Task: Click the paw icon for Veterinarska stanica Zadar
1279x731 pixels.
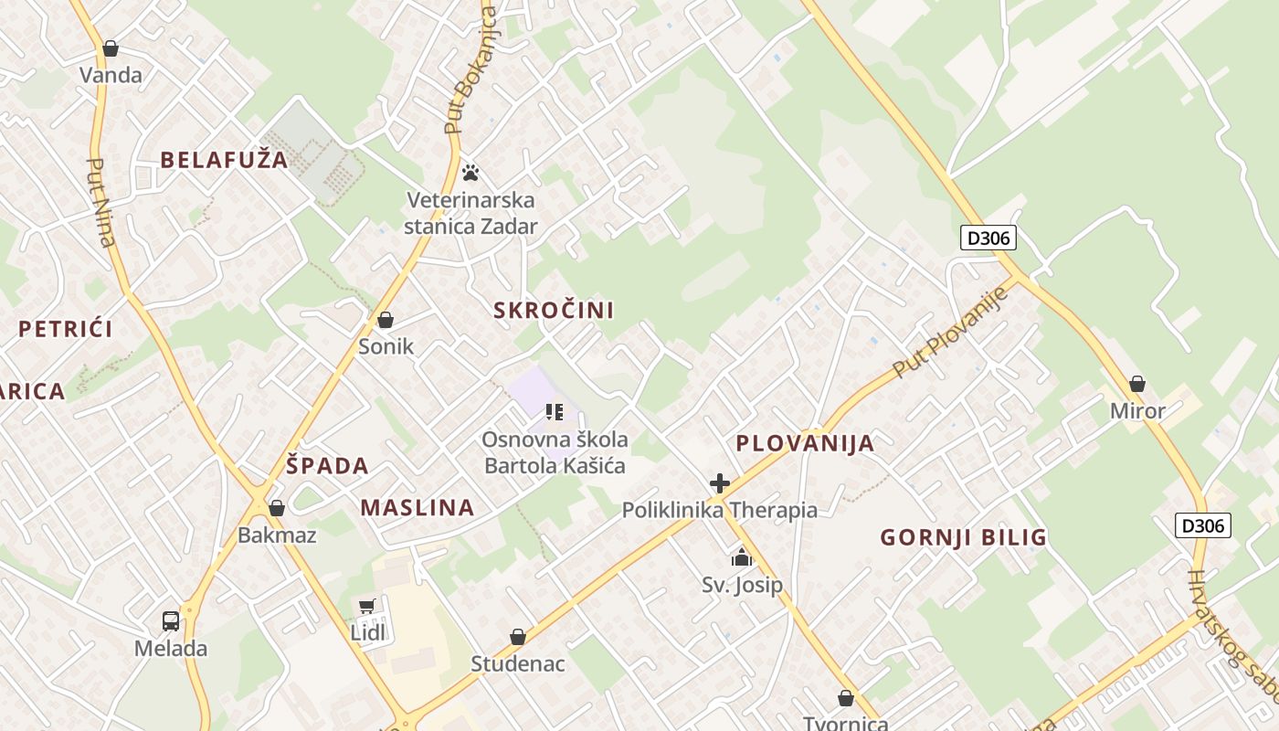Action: pyautogui.click(x=470, y=172)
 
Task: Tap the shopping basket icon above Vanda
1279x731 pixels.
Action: pyautogui.click(x=111, y=48)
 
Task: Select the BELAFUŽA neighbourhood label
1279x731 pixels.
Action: pyautogui.click(x=224, y=160)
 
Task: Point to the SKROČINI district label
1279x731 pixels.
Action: pyautogui.click(x=554, y=310)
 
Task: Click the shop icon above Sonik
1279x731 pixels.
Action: pyautogui.click(x=386, y=320)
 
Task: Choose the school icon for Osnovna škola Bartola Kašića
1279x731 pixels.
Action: pyautogui.click(x=554, y=412)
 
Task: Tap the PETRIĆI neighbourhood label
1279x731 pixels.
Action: pyautogui.click(x=66, y=329)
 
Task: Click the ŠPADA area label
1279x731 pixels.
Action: pyautogui.click(x=327, y=466)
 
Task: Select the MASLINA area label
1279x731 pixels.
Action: pyautogui.click(x=418, y=508)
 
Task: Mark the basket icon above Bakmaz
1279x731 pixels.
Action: pyautogui.click(x=276, y=508)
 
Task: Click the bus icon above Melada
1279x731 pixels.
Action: pyautogui.click(x=171, y=621)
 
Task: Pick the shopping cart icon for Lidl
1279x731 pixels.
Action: pyautogui.click(x=367, y=606)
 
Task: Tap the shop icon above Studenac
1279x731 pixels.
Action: pyautogui.click(x=518, y=637)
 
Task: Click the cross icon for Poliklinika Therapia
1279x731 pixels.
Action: pyautogui.click(x=720, y=483)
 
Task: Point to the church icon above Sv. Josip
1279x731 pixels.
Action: pyautogui.click(x=742, y=557)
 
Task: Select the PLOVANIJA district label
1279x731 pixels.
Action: pyautogui.click(x=805, y=444)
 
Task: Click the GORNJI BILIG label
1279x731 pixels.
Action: pyautogui.click(x=963, y=537)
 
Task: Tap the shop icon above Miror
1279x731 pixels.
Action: pyautogui.click(x=1137, y=384)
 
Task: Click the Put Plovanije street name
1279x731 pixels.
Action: pyautogui.click(x=951, y=333)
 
